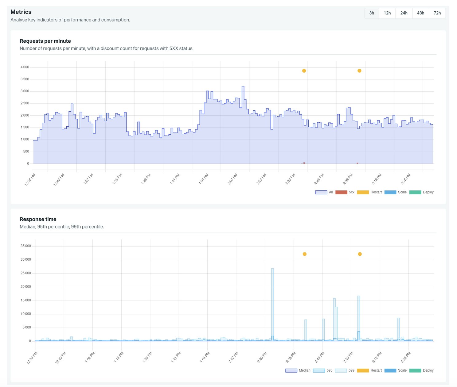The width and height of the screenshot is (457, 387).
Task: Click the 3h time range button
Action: [x=372, y=13]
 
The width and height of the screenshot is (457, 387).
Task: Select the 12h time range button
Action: [x=387, y=13]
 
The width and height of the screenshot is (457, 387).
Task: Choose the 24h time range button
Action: [x=404, y=13]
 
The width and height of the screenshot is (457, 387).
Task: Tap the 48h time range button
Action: [x=420, y=13]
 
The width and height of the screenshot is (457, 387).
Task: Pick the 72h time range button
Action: [x=437, y=13]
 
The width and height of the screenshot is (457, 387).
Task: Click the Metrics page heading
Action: [x=21, y=12]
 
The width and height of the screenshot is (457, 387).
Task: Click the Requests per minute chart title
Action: [x=45, y=41]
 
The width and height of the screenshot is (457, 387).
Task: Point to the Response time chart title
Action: [x=38, y=219]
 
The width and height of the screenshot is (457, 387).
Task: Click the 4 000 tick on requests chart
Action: [x=25, y=67]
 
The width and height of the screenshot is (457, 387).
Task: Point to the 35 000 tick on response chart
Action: [x=25, y=246]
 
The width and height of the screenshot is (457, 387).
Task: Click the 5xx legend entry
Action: [x=345, y=192]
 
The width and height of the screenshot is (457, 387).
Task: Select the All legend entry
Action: [x=324, y=192]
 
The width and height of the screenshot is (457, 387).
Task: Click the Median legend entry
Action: [x=298, y=370]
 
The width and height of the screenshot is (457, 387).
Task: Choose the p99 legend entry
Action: [x=345, y=370]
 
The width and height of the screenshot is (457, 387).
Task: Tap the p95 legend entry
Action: [x=323, y=370]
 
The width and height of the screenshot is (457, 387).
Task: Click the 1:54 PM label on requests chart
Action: [x=204, y=179]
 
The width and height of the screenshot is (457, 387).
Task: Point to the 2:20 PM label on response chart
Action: [x=262, y=357]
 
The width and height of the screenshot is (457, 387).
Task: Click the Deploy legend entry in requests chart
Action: [x=421, y=192]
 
